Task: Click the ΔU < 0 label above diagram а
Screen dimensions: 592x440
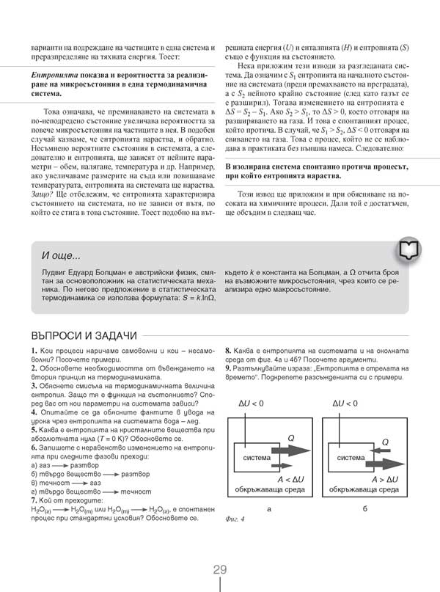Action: tap(252, 403)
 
